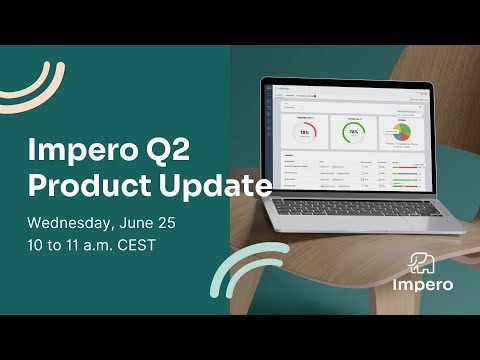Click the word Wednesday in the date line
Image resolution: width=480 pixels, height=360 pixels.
69,221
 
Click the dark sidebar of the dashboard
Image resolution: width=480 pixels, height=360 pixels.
268,130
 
